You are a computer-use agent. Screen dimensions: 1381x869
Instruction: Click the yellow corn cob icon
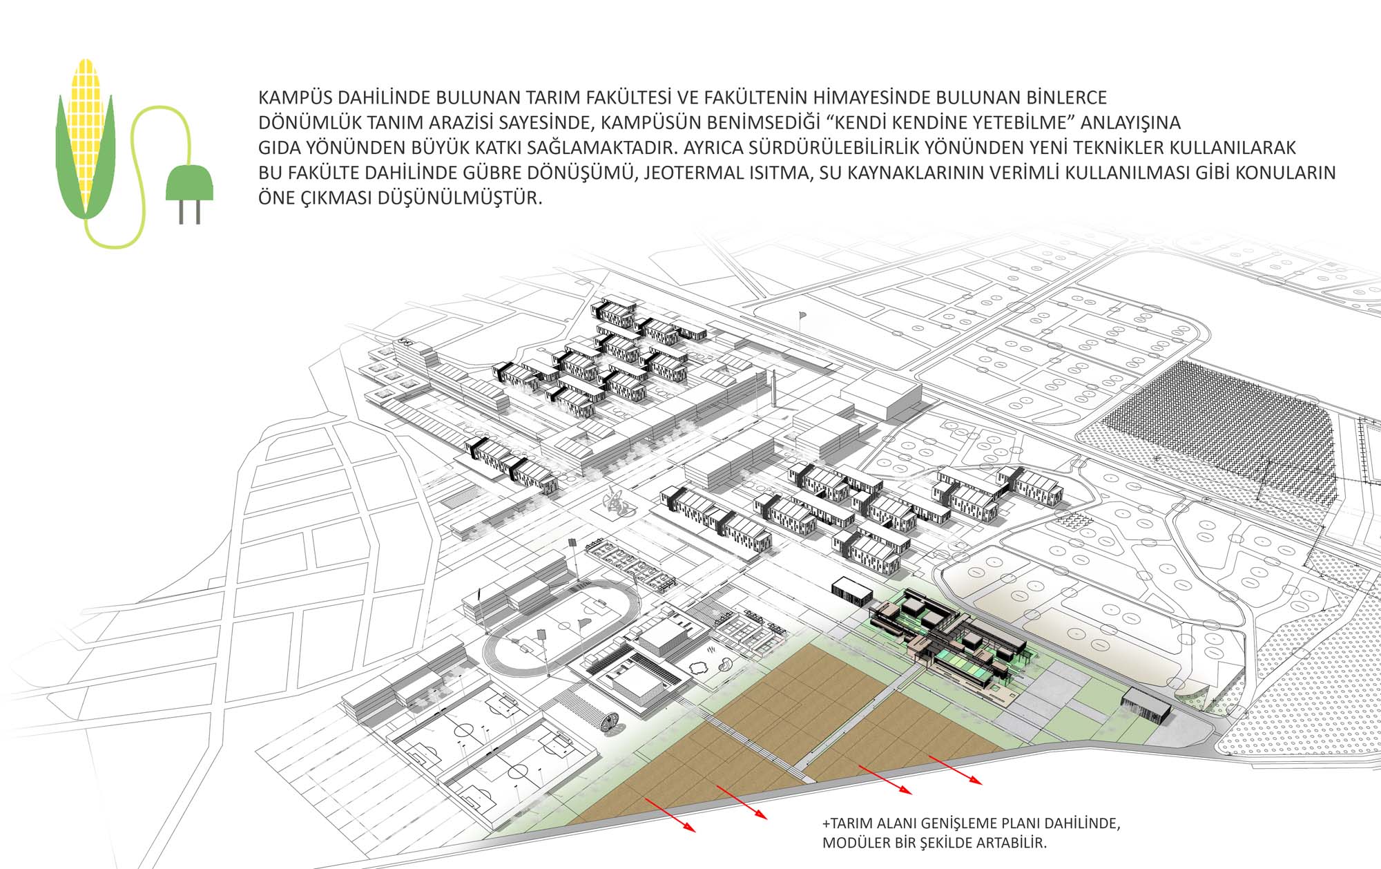(x=86, y=138)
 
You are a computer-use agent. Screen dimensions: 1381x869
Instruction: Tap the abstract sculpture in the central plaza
(x=616, y=503)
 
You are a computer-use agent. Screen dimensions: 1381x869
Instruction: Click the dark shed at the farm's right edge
(x=1146, y=706)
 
